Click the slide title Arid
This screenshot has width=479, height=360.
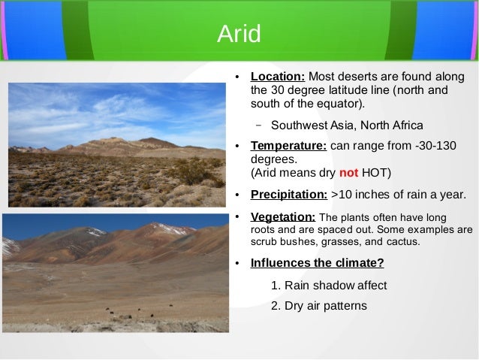(239, 33)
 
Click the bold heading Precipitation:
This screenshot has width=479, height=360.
(288, 195)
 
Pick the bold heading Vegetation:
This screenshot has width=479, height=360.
(283, 217)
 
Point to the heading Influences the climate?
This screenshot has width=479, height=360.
(317, 263)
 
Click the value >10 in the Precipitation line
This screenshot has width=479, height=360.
(342, 195)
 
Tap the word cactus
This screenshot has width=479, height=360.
(404, 243)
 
